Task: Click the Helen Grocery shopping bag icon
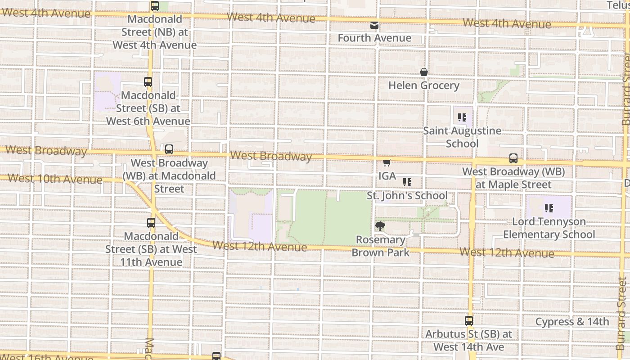click(x=423, y=72)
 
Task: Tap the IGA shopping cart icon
click(x=387, y=162)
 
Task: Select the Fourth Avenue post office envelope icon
click(x=374, y=25)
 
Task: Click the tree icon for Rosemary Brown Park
click(x=380, y=226)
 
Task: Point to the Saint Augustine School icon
click(x=462, y=117)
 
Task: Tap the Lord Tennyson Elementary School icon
click(x=549, y=208)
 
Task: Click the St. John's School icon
click(x=407, y=182)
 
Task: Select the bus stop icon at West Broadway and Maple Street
click(x=513, y=158)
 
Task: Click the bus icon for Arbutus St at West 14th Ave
click(x=468, y=321)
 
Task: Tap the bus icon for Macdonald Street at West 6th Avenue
click(x=148, y=82)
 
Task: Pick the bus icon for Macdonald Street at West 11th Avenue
click(x=151, y=222)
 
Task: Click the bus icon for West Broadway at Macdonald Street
click(x=169, y=149)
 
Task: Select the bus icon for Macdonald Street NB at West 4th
click(x=155, y=6)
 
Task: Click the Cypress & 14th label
click(x=572, y=322)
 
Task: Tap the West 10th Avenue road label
click(x=55, y=179)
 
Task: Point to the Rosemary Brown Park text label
click(x=381, y=246)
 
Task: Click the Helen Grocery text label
click(x=423, y=85)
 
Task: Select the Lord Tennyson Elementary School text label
click(x=549, y=228)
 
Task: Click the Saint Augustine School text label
click(x=462, y=137)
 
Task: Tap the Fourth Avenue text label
click(x=374, y=38)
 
